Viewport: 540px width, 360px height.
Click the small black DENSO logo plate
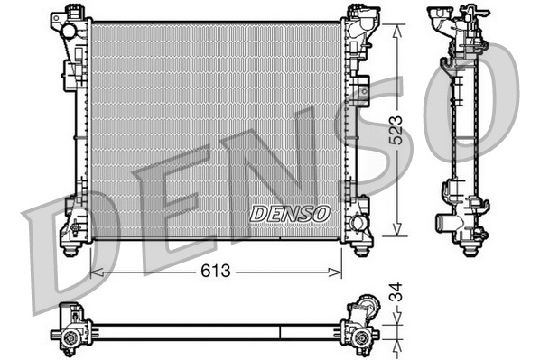(x=290, y=213)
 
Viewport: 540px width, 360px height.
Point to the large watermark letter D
(x=68, y=248)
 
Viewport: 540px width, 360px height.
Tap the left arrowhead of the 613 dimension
(x=95, y=271)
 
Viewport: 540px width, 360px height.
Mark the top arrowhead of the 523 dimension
(x=395, y=25)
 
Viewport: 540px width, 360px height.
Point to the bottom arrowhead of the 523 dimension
(x=395, y=233)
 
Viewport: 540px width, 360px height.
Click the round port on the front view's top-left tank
(x=69, y=31)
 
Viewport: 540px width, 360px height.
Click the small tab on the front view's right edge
(x=362, y=90)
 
